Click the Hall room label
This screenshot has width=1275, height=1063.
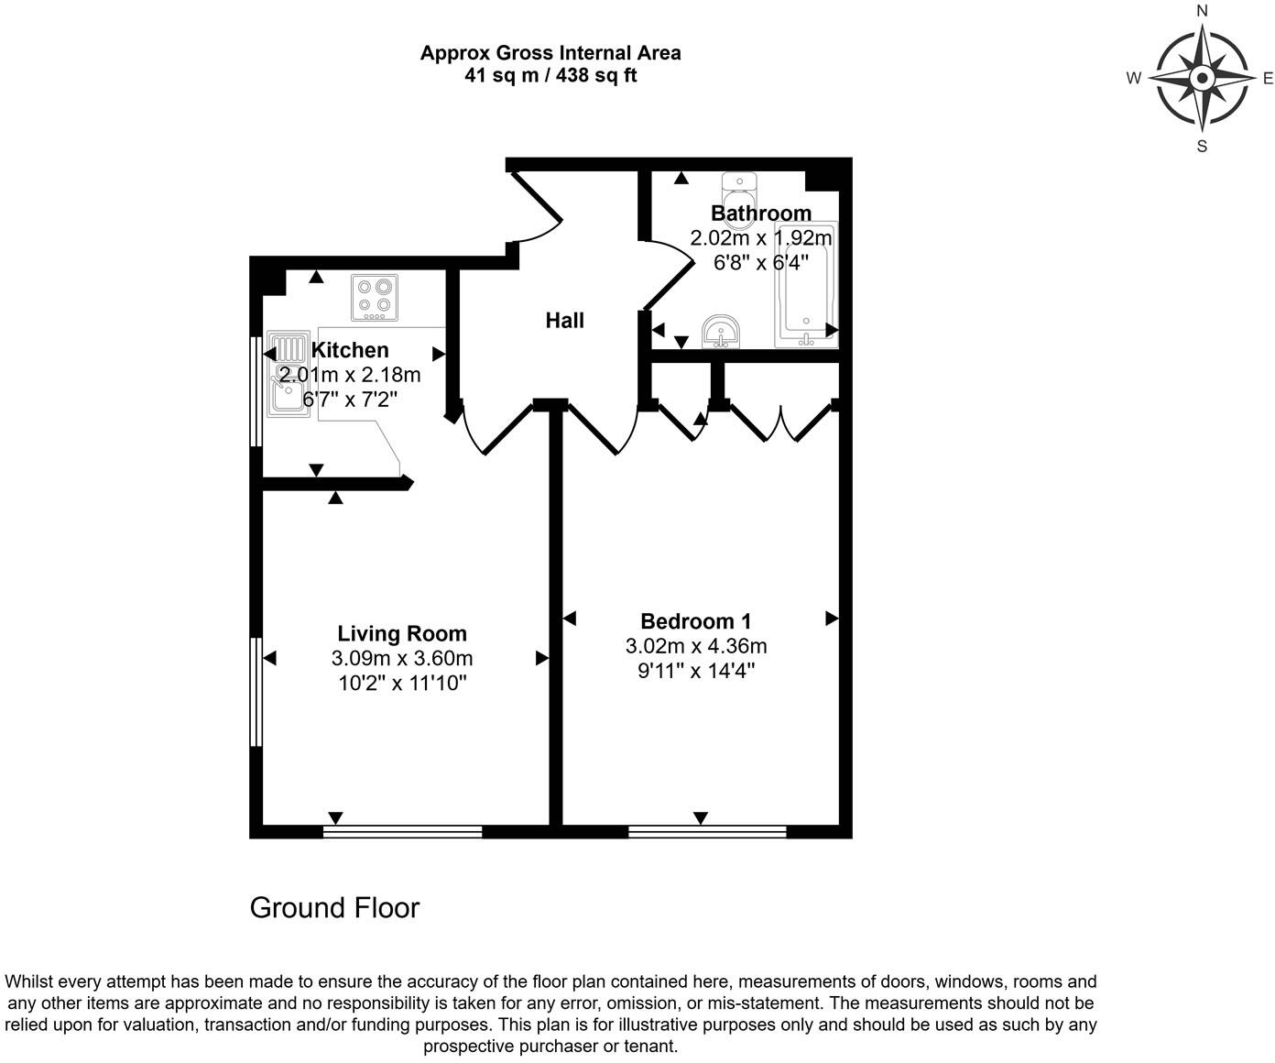(564, 321)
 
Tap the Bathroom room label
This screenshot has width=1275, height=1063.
(761, 214)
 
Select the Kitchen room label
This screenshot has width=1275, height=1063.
(350, 350)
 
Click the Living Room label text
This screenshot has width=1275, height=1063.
(402, 633)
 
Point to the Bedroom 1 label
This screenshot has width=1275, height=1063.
(696, 621)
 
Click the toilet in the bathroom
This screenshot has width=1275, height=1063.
(737, 192)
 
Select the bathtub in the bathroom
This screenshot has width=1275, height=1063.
(806, 284)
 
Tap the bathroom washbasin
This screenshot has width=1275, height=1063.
(723, 332)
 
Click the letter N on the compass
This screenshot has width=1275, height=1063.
(1203, 12)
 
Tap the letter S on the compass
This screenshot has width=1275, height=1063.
(1203, 146)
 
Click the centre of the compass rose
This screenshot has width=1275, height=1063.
(1202, 79)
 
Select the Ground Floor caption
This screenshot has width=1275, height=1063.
(334, 908)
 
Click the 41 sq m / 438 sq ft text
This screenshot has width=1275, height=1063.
(550, 76)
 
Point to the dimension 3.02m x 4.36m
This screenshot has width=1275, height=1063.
(696, 646)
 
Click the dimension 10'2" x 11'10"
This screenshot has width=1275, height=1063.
(402, 683)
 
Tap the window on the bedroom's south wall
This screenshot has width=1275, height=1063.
(707, 832)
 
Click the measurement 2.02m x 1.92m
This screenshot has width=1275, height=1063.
(761, 238)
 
